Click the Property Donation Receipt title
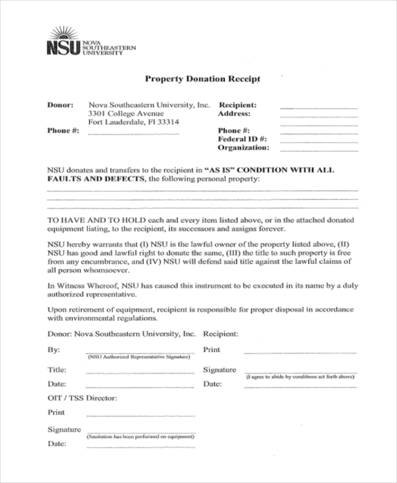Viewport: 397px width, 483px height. point(202,79)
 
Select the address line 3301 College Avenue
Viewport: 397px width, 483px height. point(126,114)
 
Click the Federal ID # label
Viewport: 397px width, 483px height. point(242,140)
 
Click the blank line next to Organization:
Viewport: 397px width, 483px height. point(318,151)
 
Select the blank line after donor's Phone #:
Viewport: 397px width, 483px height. point(133,134)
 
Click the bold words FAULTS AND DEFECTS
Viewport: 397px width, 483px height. point(96,179)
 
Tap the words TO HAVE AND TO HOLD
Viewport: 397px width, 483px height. point(91,219)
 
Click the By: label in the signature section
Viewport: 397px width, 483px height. point(54,349)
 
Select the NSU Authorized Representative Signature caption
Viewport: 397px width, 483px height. point(138,357)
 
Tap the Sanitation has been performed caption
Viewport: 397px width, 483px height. point(140,437)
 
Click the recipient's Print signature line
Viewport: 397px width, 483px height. point(299,352)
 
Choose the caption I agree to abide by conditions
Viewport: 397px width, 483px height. point(300,376)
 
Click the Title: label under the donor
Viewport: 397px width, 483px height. point(57,369)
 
